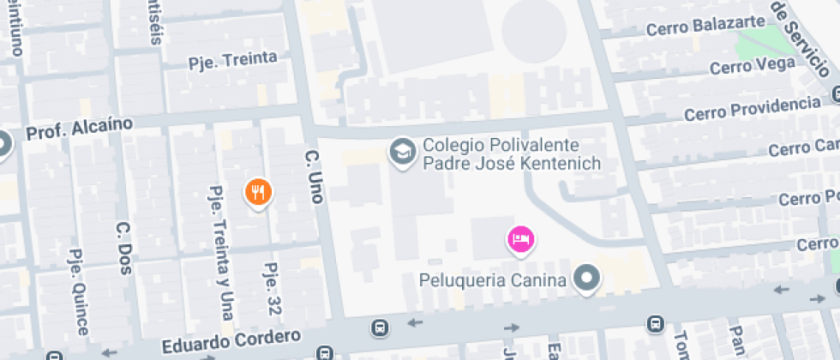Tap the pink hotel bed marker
click(x=519, y=238)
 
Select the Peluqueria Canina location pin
click(x=587, y=278)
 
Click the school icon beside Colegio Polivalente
click(x=400, y=153)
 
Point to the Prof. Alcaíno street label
click(x=80, y=129)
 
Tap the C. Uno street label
click(x=313, y=177)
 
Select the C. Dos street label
click(x=123, y=249)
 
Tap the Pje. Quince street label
click(x=77, y=292)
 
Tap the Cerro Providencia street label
click(x=752, y=109)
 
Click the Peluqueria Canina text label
click(x=493, y=279)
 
